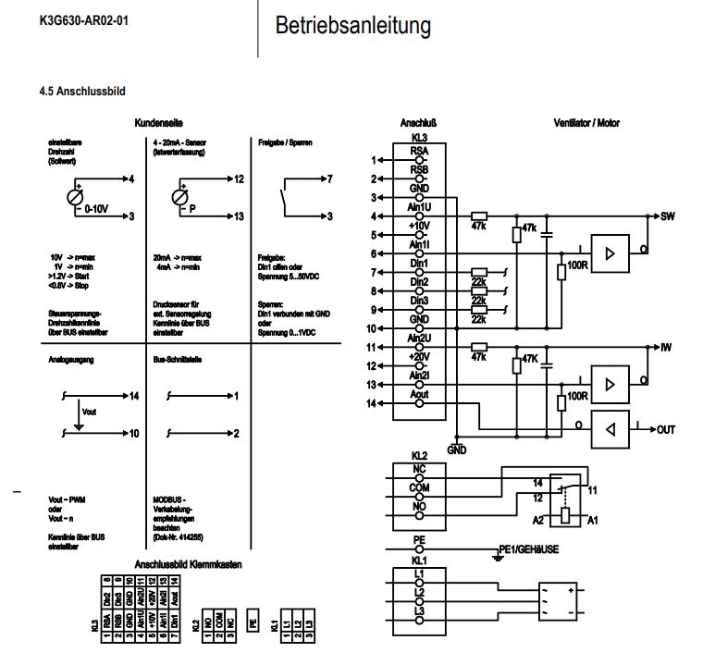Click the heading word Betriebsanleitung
[x=353, y=26]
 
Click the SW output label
[x=668, y=216]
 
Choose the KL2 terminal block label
[x=419, y=456]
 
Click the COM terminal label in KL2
[x=419, y=486]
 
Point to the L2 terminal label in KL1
[x=419, y=591]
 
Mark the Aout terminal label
[x=419, y=393]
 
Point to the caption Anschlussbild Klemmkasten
[x=191, y=562]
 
